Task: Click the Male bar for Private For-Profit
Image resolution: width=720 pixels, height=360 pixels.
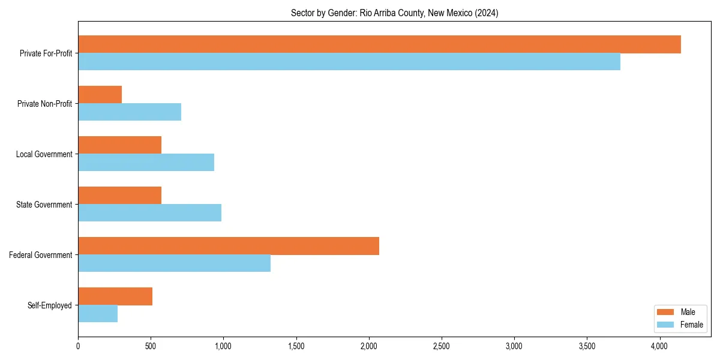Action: click(379, 44)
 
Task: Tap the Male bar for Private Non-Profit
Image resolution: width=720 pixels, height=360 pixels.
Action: click(100, 95)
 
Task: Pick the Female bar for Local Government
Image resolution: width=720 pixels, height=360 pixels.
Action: click(146, 163)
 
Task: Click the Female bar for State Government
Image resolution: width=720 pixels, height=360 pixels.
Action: click(149, 213)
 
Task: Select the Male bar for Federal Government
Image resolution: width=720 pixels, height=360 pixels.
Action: click(229, 246)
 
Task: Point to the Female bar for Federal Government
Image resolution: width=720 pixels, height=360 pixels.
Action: click(174, 263)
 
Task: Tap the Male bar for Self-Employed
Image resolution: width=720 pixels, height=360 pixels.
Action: click(115, 296)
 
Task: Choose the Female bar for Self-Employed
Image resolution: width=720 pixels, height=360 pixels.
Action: click(98, 314)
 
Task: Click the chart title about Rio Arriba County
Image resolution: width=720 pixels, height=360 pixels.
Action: click(394, 13)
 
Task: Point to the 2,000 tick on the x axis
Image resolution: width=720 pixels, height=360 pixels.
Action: click(369, 346)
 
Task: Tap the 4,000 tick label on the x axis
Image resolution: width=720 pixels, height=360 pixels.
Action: click(659, 346)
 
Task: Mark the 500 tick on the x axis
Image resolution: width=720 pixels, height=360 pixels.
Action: click(151, 346)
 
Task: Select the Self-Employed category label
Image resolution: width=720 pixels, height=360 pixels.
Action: click(50, 305)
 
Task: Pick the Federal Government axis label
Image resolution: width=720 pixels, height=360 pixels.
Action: click(41, 255)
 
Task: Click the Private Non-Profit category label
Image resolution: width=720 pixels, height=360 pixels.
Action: click(44, 104)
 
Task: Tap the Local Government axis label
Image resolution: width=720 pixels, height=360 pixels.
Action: click(44, 154)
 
